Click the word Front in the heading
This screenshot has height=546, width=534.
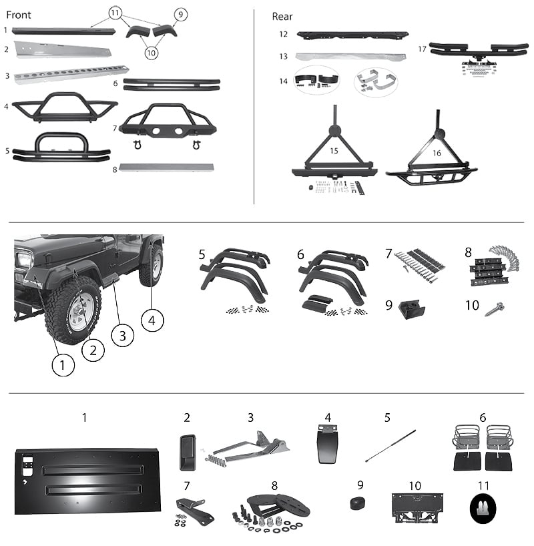coord(18,15)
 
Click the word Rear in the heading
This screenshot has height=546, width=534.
coord(282,16)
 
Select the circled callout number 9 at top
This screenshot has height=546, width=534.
coord(180,13)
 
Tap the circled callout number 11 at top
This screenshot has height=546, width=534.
coord(115,13)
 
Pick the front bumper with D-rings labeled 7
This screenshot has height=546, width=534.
coord(167,123)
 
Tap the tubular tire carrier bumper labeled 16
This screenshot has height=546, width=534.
coord(434,160)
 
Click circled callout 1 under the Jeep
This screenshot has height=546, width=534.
coord(63,364)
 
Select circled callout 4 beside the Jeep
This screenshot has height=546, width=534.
coord(152,320)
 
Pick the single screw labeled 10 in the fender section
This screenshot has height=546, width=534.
coord(495,310)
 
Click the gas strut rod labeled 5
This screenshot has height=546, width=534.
coord(391,446)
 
